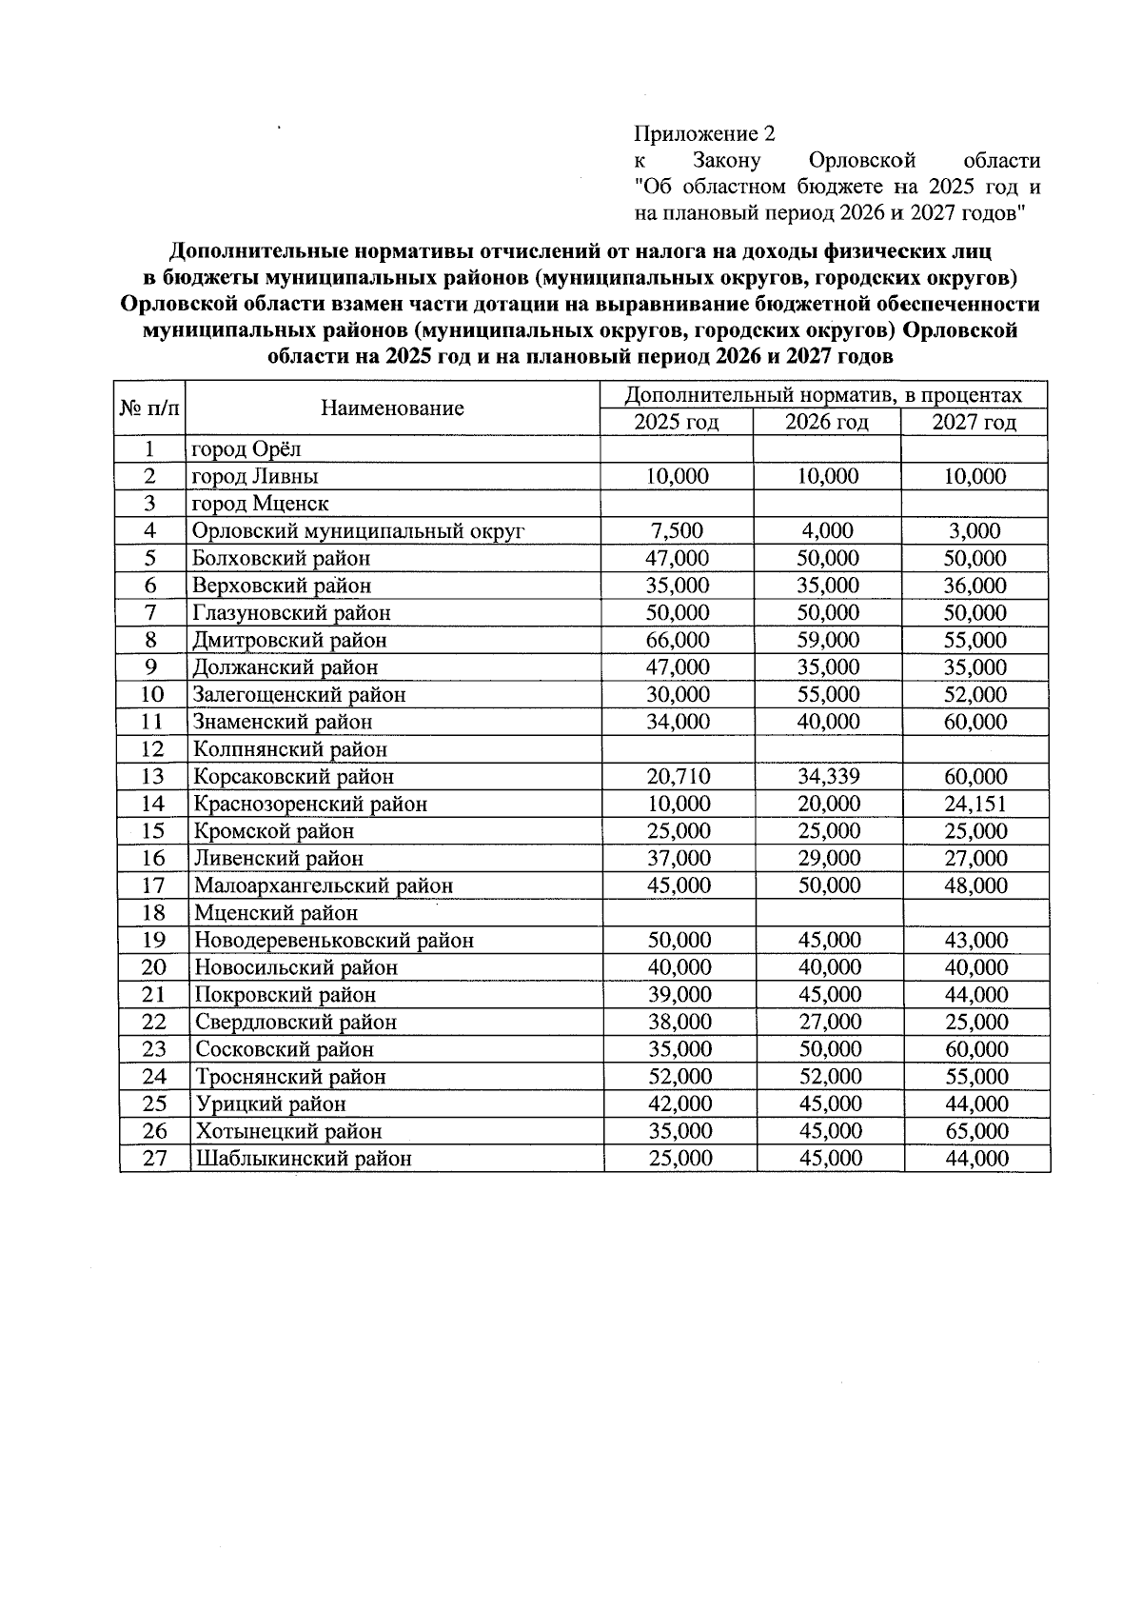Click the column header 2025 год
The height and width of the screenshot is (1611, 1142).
tap(676, 422)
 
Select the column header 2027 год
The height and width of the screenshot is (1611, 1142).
tap(974, 422)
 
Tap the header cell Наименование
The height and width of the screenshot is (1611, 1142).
tap(392, 408)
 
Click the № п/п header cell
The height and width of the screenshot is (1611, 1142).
tap(149, 408)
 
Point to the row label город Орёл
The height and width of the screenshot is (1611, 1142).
tap(246, 448)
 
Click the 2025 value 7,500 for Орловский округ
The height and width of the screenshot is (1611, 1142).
tap(677, 530)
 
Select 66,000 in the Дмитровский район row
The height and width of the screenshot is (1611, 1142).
tap(677, 640)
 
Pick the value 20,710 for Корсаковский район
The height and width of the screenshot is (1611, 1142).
tap(678, 776)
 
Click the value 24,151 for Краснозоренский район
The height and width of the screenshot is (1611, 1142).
tap(975, 804)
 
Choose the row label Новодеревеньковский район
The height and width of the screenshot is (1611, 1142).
tap(334, 941)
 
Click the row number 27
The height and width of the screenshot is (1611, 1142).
tap(154, 1159)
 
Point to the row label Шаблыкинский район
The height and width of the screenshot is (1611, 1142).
tap(304, 1159)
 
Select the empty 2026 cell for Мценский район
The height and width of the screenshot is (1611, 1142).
tap(828, 913)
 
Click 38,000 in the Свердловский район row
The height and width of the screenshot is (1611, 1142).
tap(679, 1022)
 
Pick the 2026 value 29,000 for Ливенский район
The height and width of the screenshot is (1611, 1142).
tap(828, 858)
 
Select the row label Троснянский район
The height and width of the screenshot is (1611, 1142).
tap(290, 1077)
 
